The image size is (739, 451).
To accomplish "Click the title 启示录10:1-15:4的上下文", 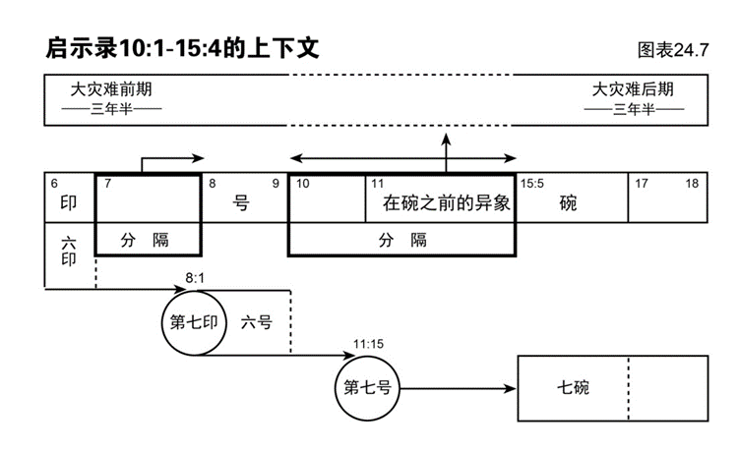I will point(183,46).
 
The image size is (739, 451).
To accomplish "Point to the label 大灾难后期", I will point(633,89).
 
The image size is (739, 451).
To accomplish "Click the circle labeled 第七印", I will point(195,322).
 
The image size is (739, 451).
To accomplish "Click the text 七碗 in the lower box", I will point(572,387).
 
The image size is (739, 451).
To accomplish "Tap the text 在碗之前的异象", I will point(444,203).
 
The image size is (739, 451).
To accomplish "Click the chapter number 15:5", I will point(532,183).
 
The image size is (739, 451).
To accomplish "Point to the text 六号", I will point(256,322).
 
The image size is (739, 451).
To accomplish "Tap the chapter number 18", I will point(693,183).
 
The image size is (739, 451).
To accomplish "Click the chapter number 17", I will point(642,183).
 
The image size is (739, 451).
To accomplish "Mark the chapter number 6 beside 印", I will point(53,183).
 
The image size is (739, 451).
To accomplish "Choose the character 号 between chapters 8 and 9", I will point(242,204).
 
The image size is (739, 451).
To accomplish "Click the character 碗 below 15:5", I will point(568,204).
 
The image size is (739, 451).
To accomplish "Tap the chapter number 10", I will point(303,183).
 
